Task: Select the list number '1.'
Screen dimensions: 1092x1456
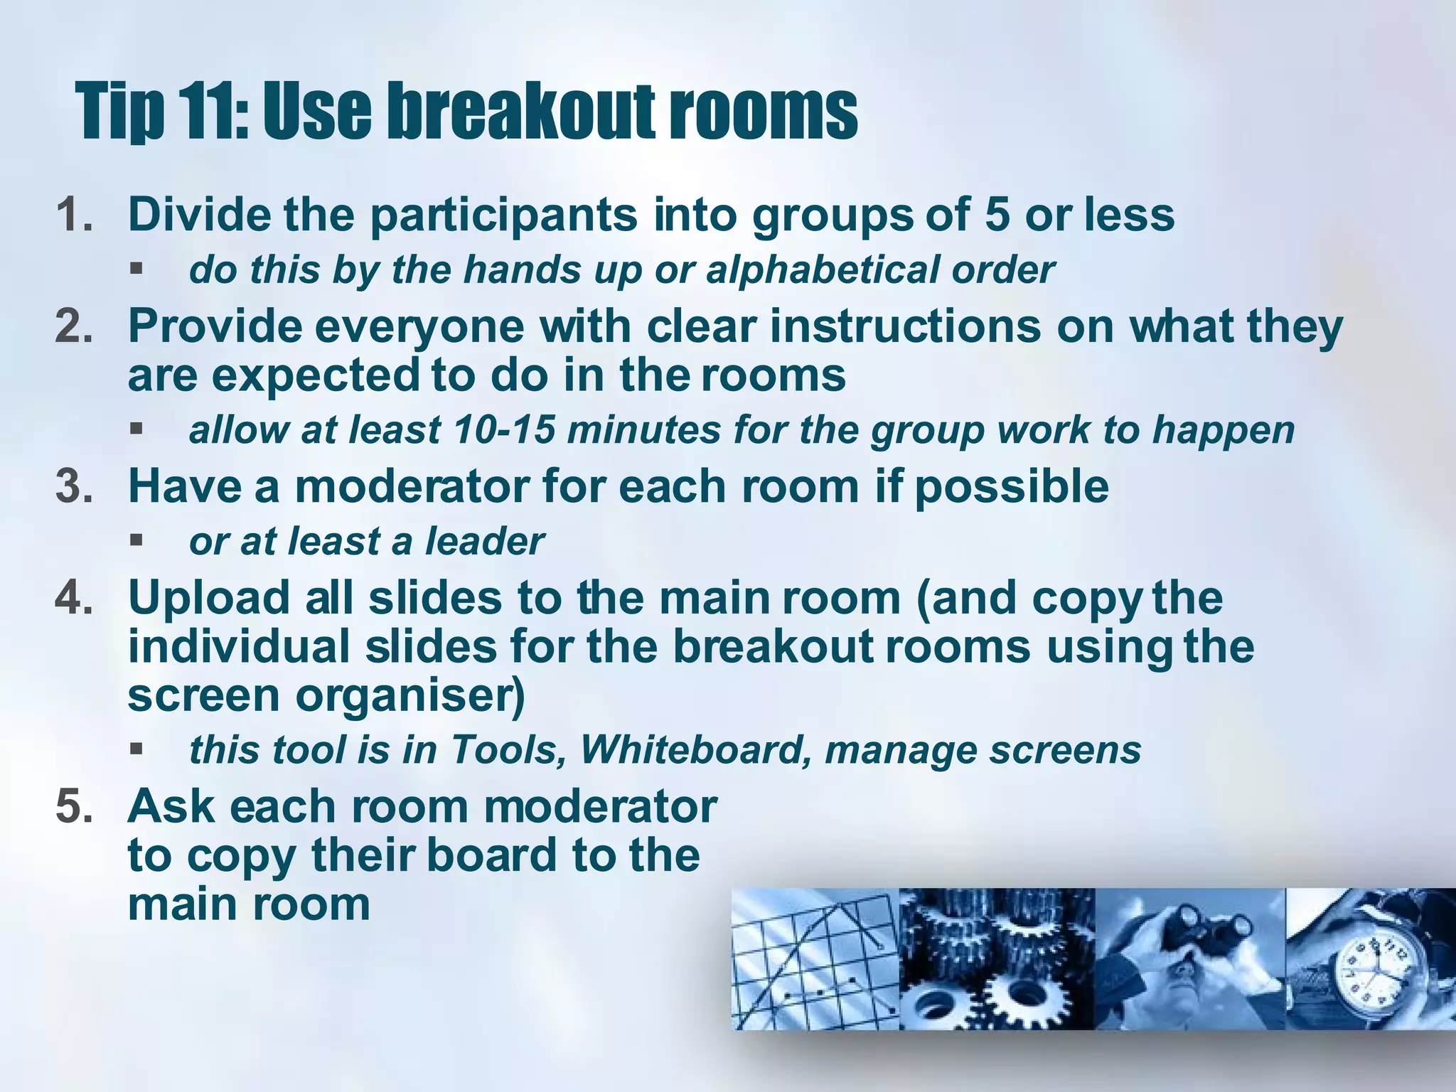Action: (x=74, y=215)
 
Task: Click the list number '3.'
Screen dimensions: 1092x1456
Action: (x=74, y=487)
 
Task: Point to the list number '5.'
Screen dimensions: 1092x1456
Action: (x=74, y=808)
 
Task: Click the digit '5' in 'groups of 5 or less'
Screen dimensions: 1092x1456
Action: (x=997, y=215)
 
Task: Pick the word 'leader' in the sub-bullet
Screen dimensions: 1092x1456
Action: (x=484, y=542)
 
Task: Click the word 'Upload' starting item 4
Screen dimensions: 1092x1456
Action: (x=209, y=599)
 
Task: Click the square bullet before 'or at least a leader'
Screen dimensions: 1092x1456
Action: (x=136, y=542)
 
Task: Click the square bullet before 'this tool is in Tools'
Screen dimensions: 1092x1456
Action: (x=136, y=749)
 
